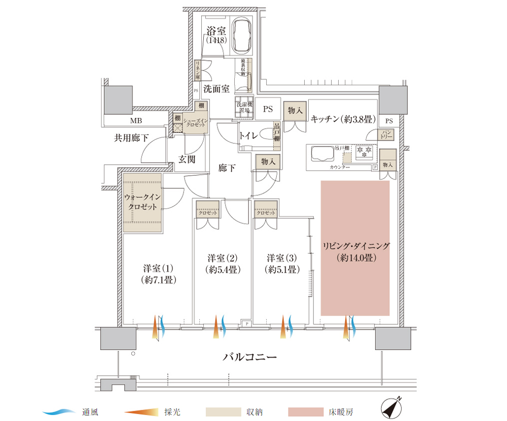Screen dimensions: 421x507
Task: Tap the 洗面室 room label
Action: tap(216, 89)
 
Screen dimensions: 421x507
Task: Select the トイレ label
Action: tap(248, 135)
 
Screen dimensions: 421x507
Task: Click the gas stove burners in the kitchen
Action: tap(366, 151)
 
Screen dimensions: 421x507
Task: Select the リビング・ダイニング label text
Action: tap(355, 247)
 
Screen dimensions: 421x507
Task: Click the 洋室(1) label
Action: tap(158, 269)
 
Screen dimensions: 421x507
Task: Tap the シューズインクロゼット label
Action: tap(194, 123)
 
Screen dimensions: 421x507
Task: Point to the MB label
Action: tap(135, 121)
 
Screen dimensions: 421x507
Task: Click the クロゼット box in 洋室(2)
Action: tap(207, 212)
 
